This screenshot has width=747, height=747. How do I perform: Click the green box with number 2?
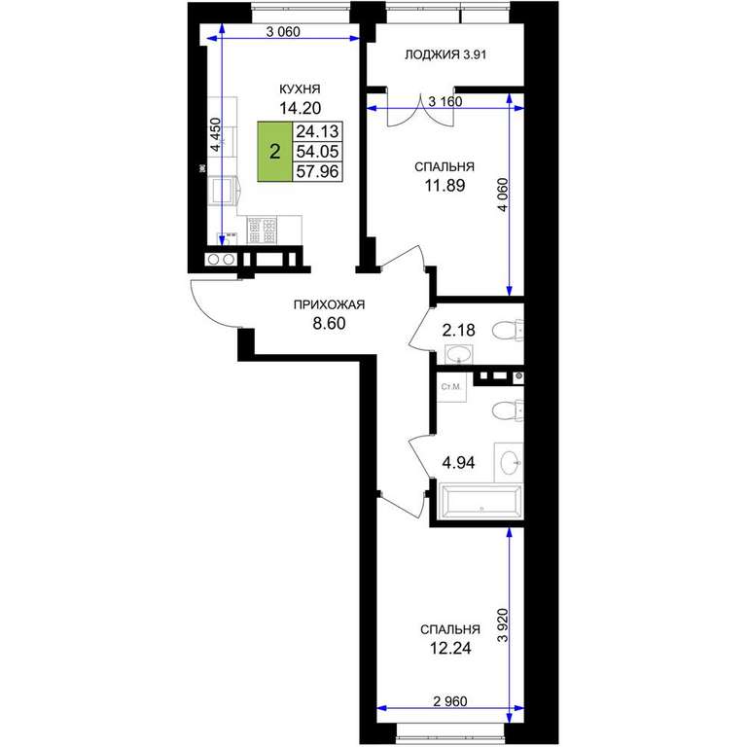pos(275,152)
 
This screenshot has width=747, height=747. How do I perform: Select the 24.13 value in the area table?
pos(317,130)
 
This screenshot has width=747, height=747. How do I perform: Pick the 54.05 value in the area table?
pos(317,152)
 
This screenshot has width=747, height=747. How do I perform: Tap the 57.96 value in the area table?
pos(317,171)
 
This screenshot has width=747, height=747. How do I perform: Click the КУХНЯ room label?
pos(300,89)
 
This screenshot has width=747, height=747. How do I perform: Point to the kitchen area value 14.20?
pos(300,108)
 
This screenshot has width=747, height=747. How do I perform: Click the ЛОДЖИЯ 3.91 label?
pos(445,54)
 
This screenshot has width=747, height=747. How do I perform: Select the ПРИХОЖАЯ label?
pos(329,304)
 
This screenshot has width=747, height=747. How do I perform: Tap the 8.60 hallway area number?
pos(329,324)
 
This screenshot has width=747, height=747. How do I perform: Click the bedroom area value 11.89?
pos(445,186)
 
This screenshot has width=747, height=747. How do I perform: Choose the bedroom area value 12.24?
pos(450,649)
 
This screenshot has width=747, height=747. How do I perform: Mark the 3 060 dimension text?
pos(283,32)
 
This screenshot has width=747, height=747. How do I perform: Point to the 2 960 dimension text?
pos(450,701)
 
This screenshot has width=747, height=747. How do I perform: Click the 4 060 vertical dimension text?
pos(504,195)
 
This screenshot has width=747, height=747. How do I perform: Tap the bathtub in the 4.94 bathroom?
pos(480,502)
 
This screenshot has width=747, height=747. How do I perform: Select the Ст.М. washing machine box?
pos(451,387)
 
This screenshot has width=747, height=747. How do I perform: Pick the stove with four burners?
pos(262,231)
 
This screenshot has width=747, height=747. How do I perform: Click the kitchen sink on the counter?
pos(223,190)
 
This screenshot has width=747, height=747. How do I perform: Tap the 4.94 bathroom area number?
pos(458,463)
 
